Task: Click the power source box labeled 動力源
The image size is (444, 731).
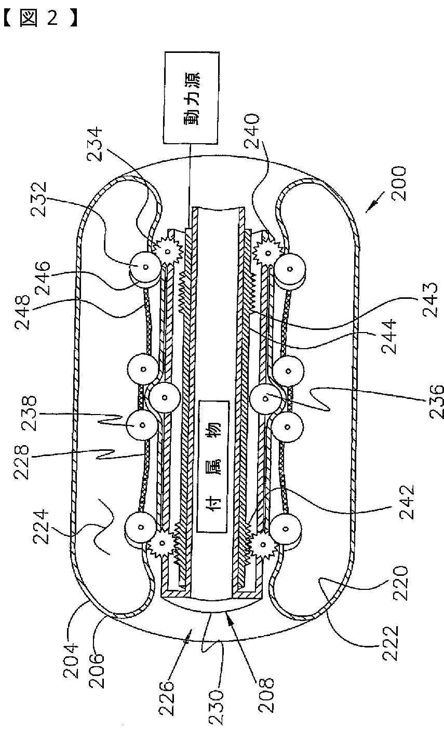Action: pyautogui.click(x=191, y=98)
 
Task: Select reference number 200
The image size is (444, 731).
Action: pyautogui.click(x=399, y=184)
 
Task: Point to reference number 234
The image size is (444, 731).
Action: pyautogui.click(x=95, y=144)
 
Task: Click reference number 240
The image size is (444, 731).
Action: pyautogui.click(x=252, y=131)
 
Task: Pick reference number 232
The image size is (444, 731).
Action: pyautogui.click(x=39, y=199)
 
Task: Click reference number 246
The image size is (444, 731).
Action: pyautogui.click(x=43, y=278)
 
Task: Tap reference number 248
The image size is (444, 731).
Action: pyautogui.click(x=22, y=313)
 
